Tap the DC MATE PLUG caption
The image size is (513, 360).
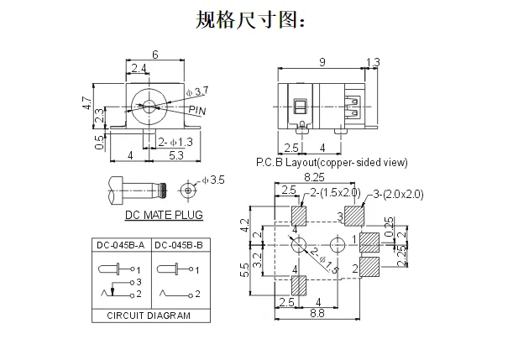coord(164,215)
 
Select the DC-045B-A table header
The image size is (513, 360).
coord(120,245)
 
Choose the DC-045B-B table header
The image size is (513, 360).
coord(179,245)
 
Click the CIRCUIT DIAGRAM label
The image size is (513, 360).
coord(149,316)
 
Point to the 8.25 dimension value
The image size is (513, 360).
coord(314,177)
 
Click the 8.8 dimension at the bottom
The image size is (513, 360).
coord(317,313)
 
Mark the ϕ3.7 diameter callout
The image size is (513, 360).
coord(197,91)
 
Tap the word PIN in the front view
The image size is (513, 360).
coord(197,110)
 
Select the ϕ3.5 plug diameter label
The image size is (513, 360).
coord(213,180)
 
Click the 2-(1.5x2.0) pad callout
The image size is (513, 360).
coord(335,193)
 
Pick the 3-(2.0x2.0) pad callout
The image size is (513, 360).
coord(398,194)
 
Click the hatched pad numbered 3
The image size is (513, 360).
coord(354,217)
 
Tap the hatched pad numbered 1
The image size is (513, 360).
coord(369,243)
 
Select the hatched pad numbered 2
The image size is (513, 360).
coord(369,267)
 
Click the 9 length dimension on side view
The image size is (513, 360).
coord(322,62)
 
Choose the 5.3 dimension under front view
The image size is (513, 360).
coord(176,155)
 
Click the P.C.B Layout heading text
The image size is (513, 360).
coord(332,163)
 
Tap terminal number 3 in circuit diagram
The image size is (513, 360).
coord(139,282)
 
